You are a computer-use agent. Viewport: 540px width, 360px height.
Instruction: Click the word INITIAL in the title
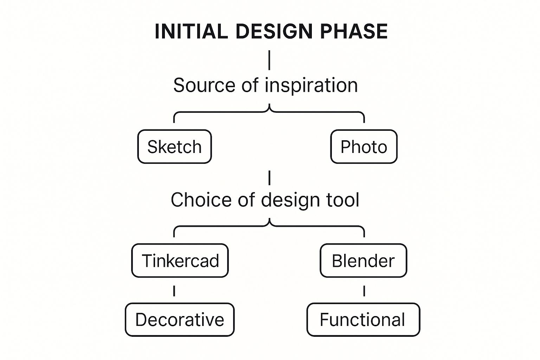pos(191,31)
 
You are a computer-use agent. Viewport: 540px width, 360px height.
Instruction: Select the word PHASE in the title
pos(354,31)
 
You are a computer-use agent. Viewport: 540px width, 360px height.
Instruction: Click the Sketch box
pos(174,147)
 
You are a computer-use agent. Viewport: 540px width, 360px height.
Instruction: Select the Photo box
pos(364,147)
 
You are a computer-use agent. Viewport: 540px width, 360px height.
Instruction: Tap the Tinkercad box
pos(180,261)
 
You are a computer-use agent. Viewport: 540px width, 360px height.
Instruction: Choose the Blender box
pos(363,261)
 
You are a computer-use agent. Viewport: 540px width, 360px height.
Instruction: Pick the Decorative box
pos(180,320)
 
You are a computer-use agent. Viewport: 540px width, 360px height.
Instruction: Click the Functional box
pos(363,320)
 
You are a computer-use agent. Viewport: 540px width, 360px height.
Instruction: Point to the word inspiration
pos(311,85)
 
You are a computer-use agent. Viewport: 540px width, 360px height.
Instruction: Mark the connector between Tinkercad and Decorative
pos(174,291)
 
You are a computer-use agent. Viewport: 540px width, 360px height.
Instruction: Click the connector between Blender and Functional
pos(364,291)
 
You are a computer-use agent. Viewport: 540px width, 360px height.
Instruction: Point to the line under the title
pos(269,60)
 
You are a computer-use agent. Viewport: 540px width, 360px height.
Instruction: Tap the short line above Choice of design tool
pos(269,178)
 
